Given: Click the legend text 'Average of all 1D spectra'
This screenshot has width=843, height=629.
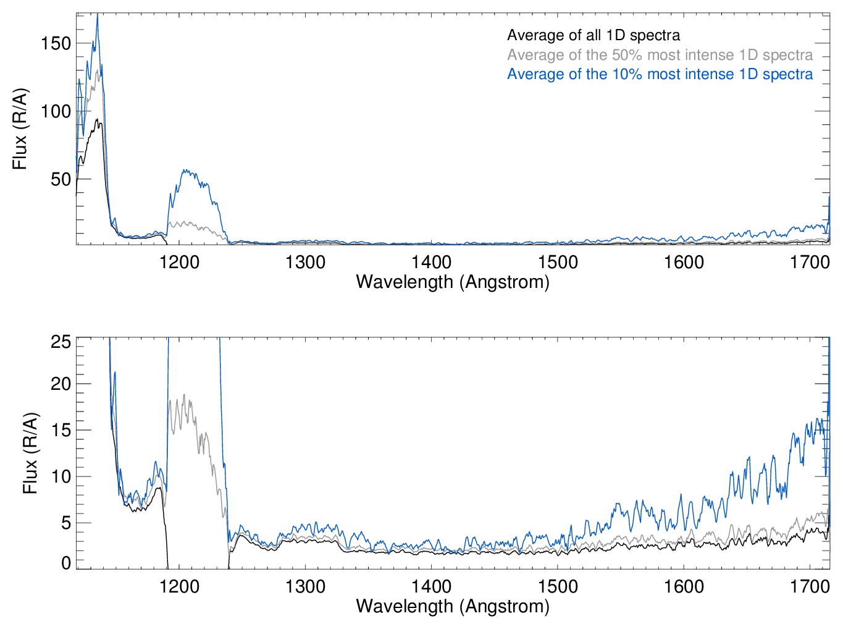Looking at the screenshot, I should (593, 36).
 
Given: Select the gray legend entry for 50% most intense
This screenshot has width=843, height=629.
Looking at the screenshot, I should (660, 55).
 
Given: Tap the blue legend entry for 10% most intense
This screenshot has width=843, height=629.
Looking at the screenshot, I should (660, 75).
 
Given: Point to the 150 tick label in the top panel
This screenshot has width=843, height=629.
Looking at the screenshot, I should (56, 44).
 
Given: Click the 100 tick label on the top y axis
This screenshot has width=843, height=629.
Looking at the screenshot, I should (56, 112).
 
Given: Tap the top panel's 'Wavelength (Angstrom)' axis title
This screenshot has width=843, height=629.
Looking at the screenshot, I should (453, 282).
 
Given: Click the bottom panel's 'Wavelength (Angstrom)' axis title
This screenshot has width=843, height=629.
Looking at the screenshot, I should (453, 606).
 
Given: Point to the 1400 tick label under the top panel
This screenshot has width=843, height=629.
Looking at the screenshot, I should (432, 263).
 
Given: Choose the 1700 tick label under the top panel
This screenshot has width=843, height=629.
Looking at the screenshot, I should (810, 263).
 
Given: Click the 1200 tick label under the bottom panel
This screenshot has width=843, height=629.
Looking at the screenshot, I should (179, 586).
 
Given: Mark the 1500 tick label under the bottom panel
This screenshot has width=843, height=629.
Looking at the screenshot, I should (558, 586).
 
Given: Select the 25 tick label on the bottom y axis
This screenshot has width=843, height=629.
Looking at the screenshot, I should (61, 342).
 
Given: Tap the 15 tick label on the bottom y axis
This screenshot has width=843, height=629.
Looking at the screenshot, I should (61, 431).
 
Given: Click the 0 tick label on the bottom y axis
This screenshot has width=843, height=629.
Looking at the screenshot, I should (66, 562).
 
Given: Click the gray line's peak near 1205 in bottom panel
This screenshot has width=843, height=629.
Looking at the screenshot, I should (183, 395).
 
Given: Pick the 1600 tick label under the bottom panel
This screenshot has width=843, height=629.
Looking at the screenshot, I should (684, 586).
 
